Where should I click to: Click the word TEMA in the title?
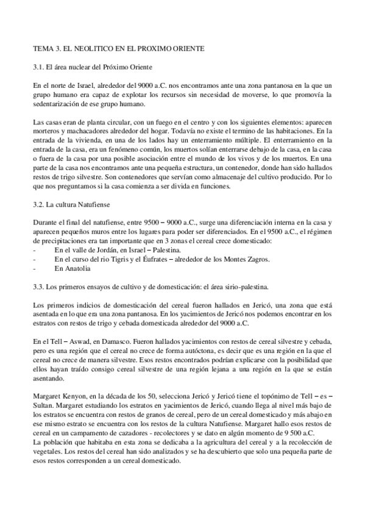pyautogui.click(x=42, y=47)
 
